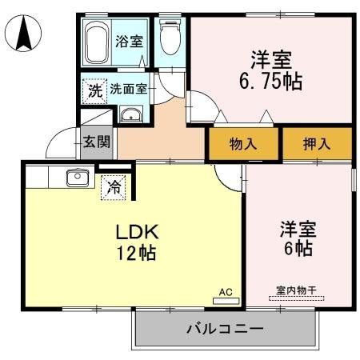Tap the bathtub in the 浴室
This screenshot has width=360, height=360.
[96, 43]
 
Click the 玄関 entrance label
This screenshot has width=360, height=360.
[96, 143]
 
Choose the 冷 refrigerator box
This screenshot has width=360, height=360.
[114, 189]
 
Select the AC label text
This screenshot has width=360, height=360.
[226, 292]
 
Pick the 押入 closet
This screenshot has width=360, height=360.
[317, 144]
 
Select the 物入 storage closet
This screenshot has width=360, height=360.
[242, 144]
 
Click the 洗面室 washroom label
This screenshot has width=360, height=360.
[128, 90]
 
